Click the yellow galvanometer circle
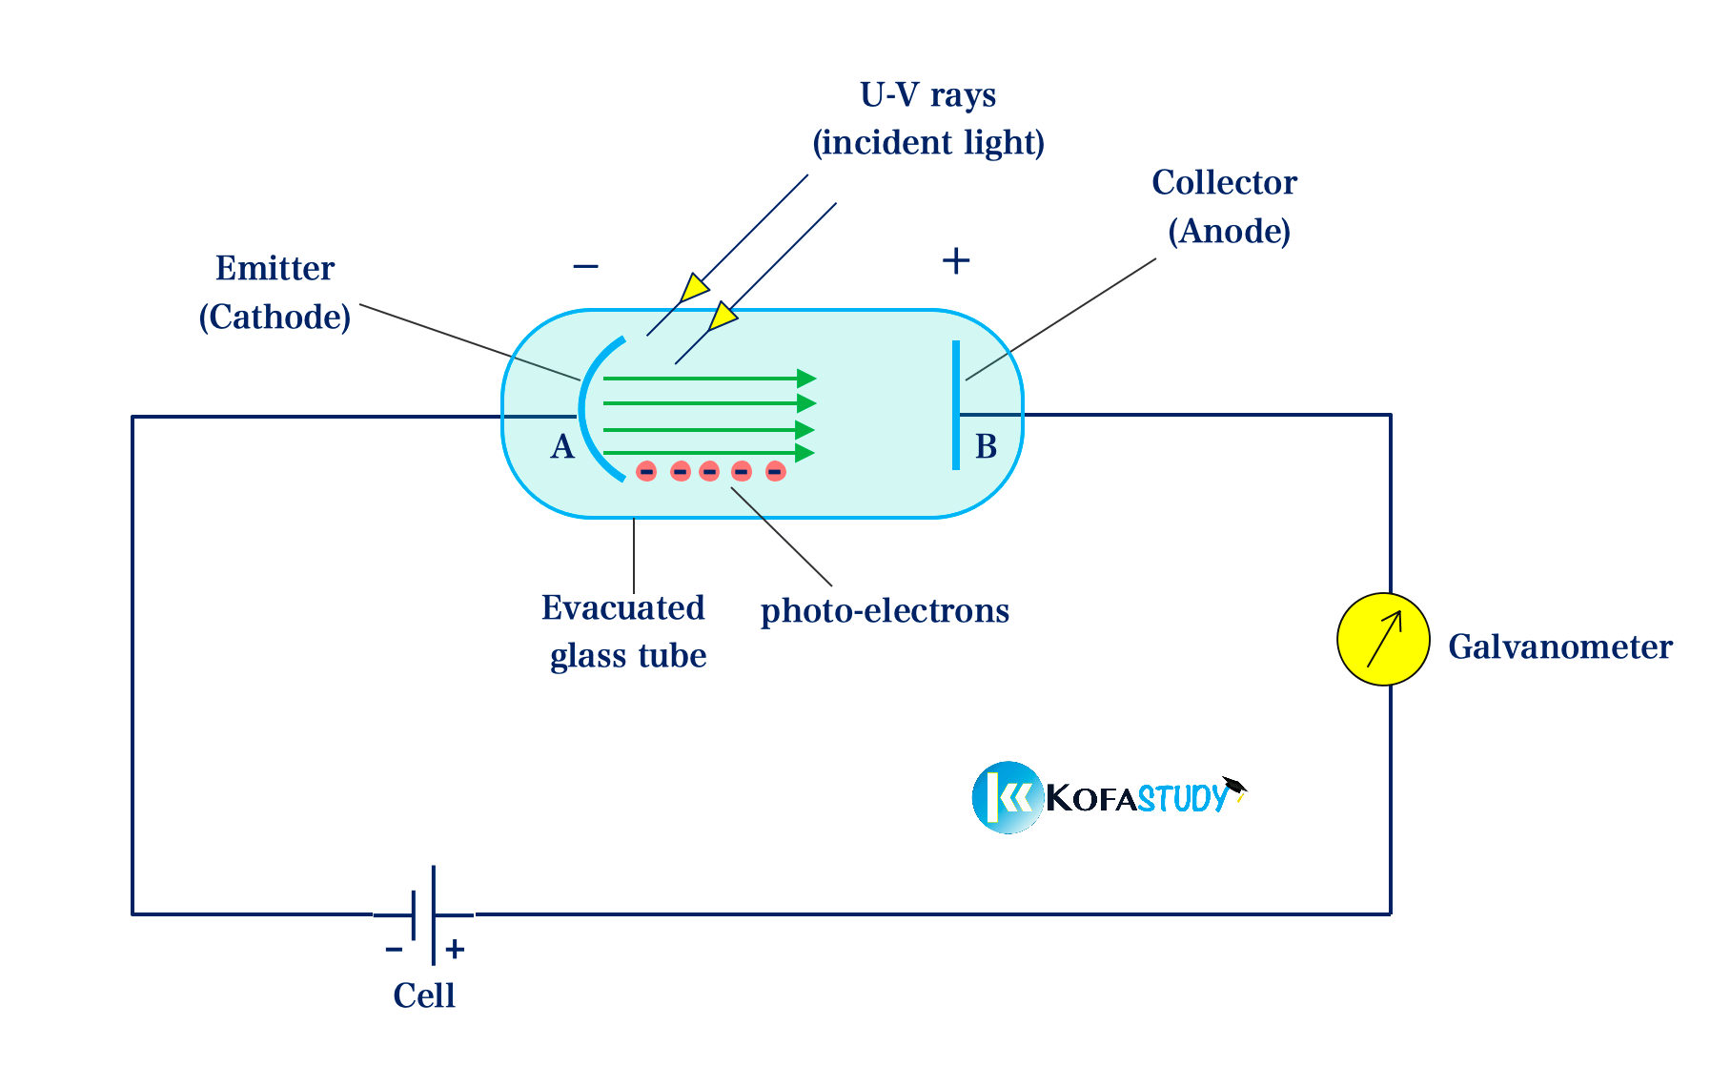1382,639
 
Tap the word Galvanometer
1559,646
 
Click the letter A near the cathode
562,446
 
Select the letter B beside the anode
986,446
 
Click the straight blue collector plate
956,405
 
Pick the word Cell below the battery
424,995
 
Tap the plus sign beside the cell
455,949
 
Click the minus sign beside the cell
394,949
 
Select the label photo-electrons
885,610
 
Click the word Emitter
275,268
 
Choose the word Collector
1224,182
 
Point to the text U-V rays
927,95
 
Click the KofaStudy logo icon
1008,797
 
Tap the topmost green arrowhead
805,379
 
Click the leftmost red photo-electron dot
646,471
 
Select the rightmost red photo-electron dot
775,471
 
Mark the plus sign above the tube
955,260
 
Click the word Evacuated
622,607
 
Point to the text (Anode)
1229,231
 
